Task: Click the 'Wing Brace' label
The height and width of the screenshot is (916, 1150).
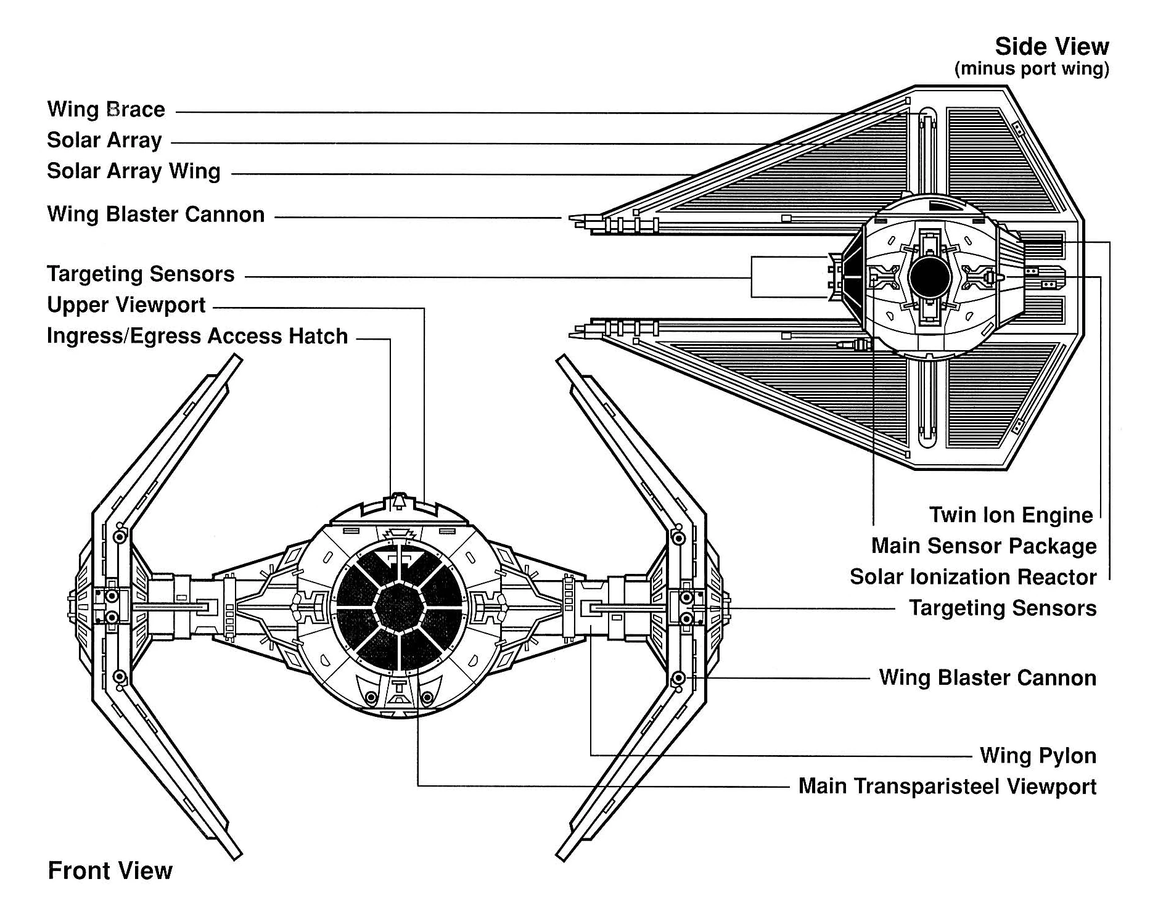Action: click(x=106, y=110)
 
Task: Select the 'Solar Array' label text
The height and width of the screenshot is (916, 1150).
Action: click(x=104, y=141)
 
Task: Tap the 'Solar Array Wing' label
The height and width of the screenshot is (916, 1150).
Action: click(x=133, y=171)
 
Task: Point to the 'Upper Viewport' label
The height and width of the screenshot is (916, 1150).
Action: click(x=126, y=305)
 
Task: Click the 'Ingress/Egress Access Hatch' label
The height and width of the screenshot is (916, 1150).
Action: click(x=197, y=336)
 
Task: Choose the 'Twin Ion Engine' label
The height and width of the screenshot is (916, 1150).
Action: click(x=1011, y=515)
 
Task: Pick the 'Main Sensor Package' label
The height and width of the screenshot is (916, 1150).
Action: click(x=984, y=546)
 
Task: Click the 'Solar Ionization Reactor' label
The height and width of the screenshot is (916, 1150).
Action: click(x=973, y=577)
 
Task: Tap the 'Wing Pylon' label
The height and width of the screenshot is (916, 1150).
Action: click(x=1038, y=756)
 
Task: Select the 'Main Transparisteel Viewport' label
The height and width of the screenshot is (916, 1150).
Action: click(x=947, y=787)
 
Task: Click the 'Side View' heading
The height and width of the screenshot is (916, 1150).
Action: click(x=1051, y=47)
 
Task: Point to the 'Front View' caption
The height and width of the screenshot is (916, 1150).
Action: click(x=110, y=871)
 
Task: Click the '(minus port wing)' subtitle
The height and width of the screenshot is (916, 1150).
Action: click(x=1031, y=68)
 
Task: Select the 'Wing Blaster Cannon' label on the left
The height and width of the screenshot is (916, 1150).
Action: click(x=155, y=215)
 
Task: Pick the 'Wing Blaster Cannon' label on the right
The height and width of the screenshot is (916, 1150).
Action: click(x=987, y=678)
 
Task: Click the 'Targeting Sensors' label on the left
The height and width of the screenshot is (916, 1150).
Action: click(x=141, y=274)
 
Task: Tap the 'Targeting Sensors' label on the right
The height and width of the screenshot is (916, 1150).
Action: click(x=1002, y=608)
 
